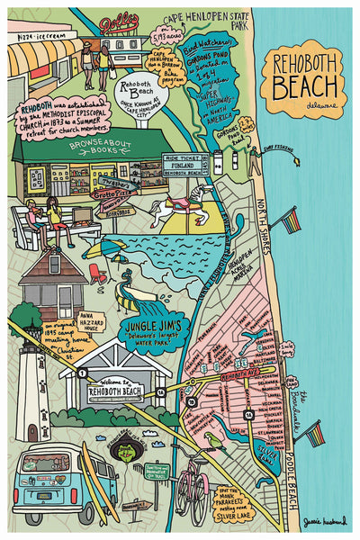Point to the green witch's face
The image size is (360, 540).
[129, 457]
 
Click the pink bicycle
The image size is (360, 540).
[191, 490]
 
